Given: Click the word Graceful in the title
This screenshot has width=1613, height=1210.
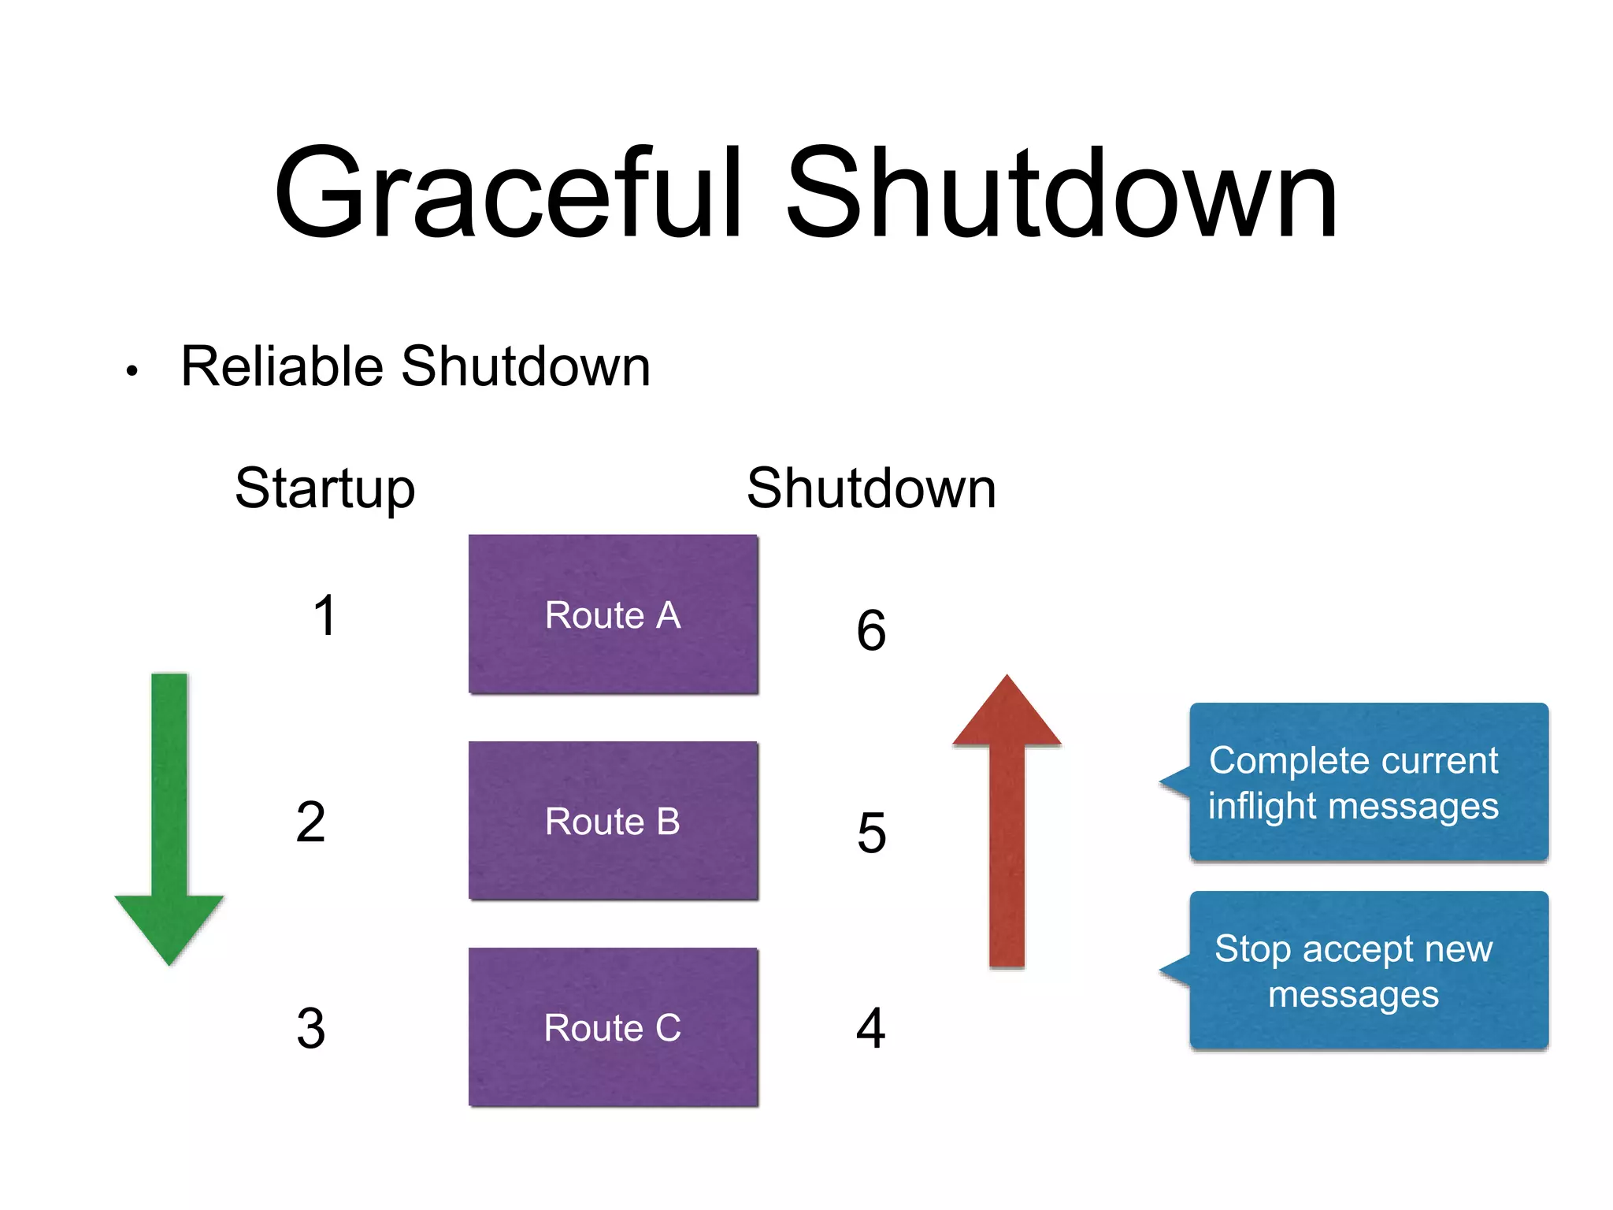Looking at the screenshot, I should (508, 193).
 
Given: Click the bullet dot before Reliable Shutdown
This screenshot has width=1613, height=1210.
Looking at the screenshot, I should (132, 370).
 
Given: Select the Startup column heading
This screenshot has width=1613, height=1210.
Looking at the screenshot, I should (324, 488).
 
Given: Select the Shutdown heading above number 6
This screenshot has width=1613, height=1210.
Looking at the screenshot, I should (871, 488).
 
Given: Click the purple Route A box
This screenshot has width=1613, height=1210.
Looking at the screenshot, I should (613, 614).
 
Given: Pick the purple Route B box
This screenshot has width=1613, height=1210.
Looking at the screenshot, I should (613, 821).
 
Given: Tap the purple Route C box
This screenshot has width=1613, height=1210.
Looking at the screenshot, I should (613, 1027).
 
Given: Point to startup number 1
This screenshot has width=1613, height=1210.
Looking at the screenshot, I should (324, 615).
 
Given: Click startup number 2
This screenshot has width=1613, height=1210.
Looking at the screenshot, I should (311, 822).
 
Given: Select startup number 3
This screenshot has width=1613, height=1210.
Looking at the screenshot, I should (311, 1028).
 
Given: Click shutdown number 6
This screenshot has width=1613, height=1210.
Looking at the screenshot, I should (871, 630).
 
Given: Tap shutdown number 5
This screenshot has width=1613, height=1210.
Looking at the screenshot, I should (871, 833).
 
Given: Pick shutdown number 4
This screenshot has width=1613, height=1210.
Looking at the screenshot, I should (871, 1028).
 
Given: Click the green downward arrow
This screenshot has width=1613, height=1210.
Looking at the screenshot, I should (169, 819).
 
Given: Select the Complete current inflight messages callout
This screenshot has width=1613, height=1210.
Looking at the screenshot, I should (1369, 781).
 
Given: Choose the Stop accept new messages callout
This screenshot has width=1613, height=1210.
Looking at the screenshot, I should (1369, 971).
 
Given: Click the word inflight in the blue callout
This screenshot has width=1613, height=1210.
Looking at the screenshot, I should (1261, 807).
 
